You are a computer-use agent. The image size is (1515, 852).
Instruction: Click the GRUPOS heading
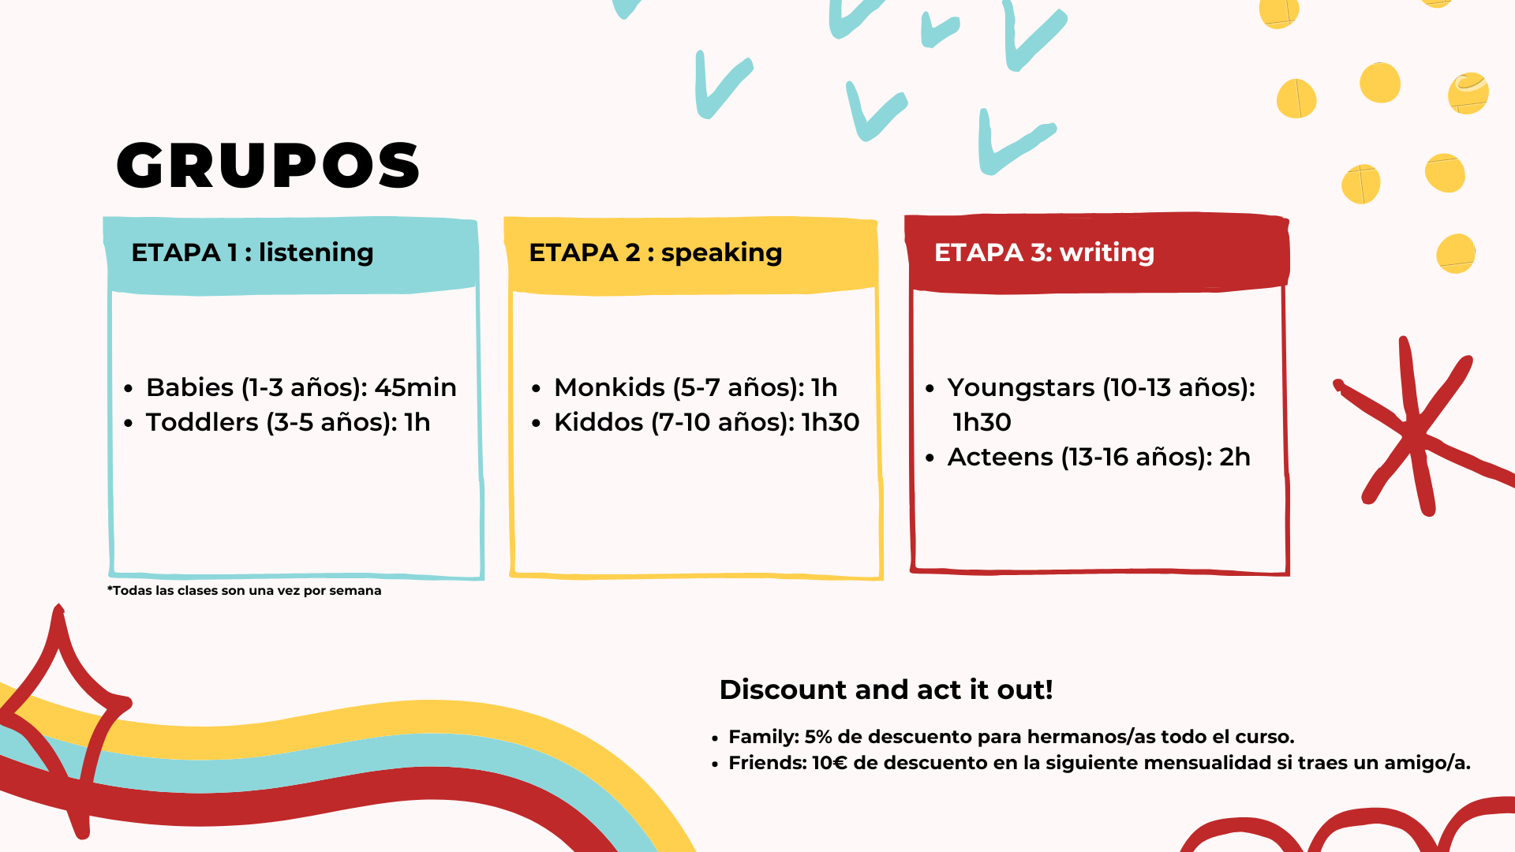[268, 166]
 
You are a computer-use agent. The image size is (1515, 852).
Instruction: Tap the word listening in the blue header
[316, 253]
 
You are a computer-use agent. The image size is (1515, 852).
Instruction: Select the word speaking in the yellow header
[721, 253]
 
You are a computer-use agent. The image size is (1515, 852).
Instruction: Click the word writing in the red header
[1107, 253]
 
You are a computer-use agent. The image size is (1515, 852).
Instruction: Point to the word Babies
[189, 387]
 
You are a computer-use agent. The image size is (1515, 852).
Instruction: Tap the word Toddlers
[202, 422]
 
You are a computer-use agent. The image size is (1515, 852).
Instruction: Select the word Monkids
[609, 387]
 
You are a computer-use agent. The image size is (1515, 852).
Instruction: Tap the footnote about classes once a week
[244, 591]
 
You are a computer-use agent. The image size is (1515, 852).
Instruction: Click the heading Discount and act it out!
[886, 689]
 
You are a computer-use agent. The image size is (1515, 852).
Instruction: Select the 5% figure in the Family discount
[818, 737]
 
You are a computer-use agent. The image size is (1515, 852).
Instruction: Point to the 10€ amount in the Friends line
[829, 763]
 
